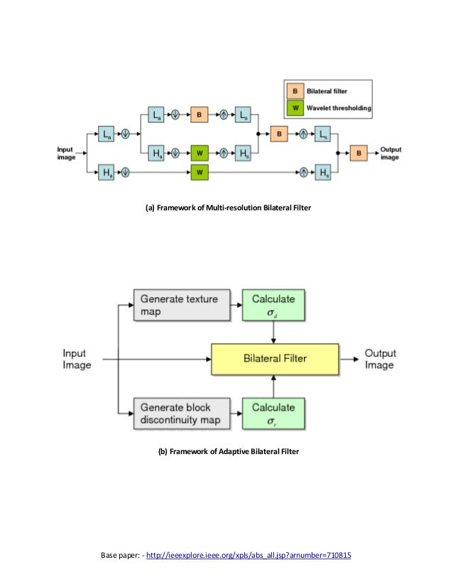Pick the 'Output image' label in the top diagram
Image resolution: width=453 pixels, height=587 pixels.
point(392,153)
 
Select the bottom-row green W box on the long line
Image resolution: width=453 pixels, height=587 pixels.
point(200,171)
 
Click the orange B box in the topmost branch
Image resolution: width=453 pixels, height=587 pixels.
point(200,114)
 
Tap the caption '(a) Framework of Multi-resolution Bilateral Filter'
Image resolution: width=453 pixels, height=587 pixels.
point(228,208)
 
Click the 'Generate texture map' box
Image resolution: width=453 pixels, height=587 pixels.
point(182,305)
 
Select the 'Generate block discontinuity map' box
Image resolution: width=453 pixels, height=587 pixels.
point(182,414)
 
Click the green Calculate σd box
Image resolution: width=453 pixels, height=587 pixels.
point(273,305)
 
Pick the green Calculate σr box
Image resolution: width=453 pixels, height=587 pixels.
point(273,414)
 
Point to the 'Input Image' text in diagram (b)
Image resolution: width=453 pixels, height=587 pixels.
point(77,359)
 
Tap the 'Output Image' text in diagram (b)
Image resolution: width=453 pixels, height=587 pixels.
point(380,359)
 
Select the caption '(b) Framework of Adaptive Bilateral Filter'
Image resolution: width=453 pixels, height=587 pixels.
point(228,452)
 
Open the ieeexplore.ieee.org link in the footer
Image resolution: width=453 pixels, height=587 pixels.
point(249,555)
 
